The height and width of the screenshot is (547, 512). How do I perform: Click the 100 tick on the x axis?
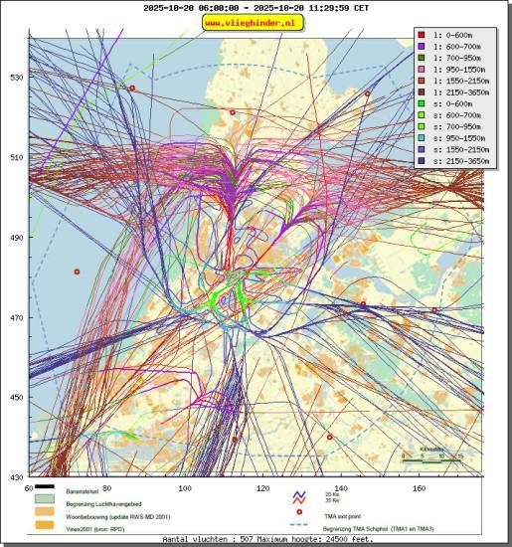(185, 488)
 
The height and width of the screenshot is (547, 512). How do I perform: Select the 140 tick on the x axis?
(341, 488)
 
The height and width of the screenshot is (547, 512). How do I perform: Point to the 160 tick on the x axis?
(420, 488)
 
